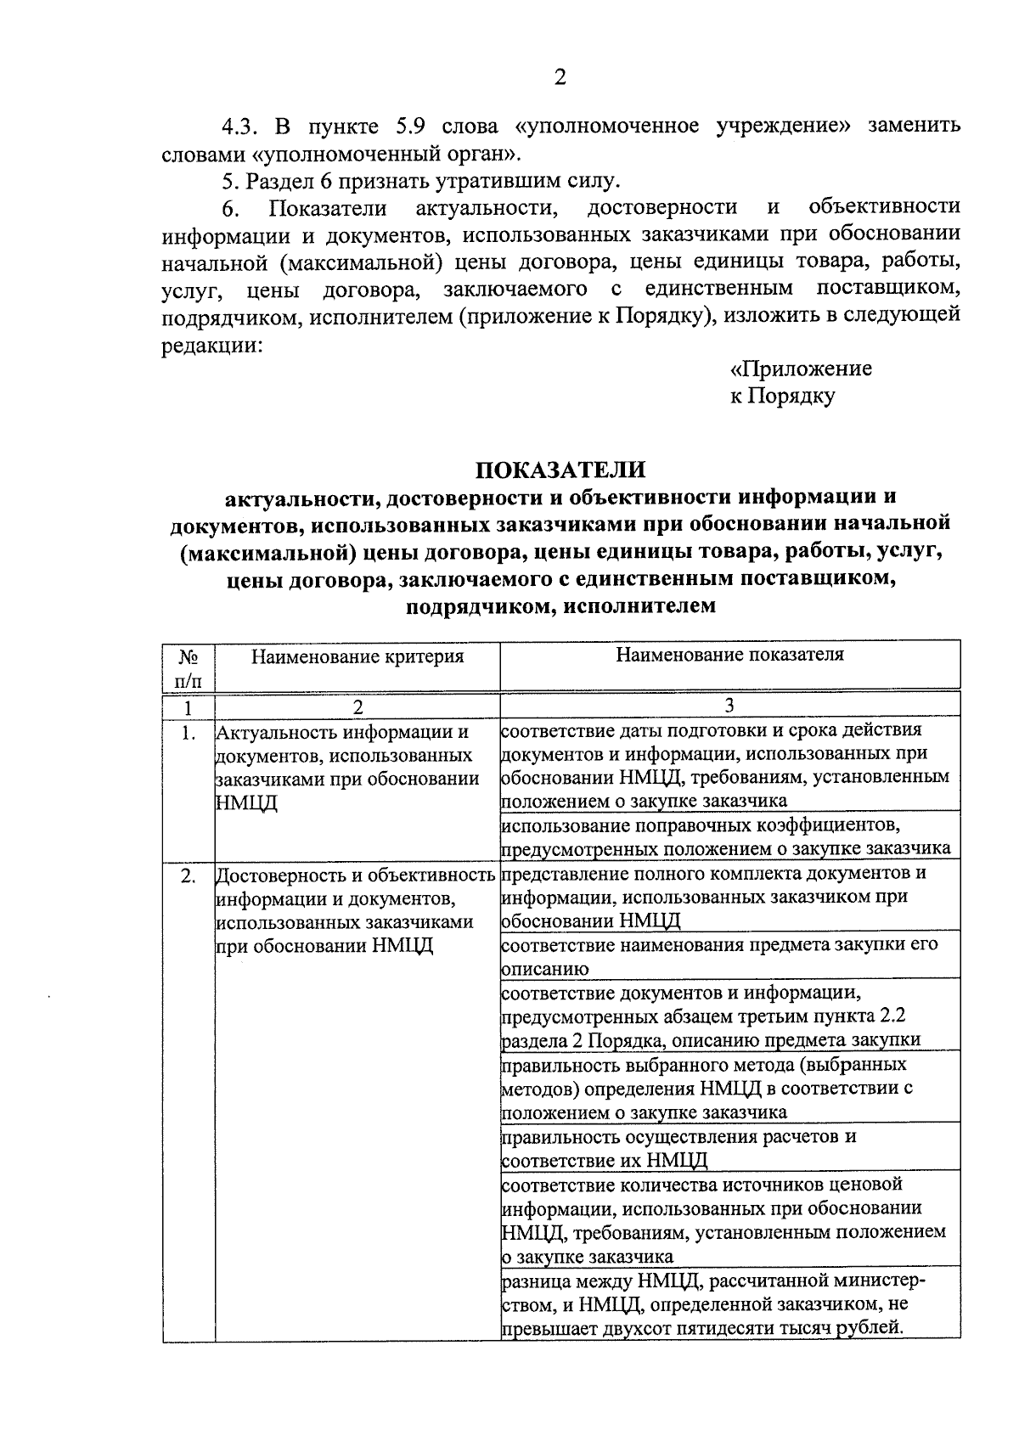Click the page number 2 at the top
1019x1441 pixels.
click(560, 78)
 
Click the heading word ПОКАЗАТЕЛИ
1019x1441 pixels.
click(560, 469)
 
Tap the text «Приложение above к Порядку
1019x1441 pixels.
click(801, 369)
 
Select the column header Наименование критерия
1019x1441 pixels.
click(357, 656)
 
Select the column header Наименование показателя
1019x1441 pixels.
click(729, 654)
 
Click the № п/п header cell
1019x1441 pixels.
click(189, 667)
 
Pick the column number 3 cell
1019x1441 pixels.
click(729, 705)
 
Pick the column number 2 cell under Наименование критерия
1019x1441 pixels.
click(357, 706)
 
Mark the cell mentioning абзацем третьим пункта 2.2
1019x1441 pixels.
click(712, 1016)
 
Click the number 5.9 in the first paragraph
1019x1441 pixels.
click(414, 127)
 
